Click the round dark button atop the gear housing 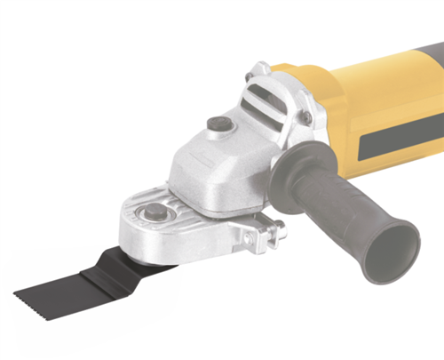click(x=219, y=124)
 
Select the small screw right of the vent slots click(x=306, y=116)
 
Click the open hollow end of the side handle click(x=392, y=245)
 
